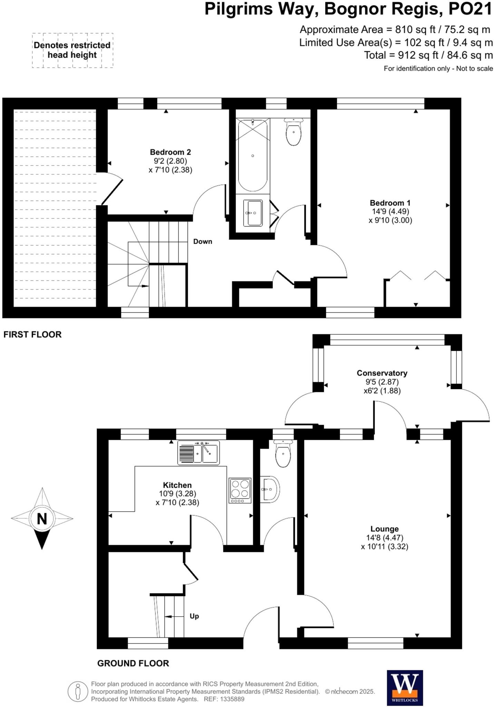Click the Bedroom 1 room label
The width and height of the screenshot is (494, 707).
pos(390,203)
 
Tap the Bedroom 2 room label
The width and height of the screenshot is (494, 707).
pos(170,152)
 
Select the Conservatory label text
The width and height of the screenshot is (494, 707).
pos(382,373)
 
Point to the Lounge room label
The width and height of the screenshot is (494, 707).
pos(385,529)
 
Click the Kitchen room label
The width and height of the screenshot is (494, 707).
pos(177,485)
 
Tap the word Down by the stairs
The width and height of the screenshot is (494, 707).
pos(203,242)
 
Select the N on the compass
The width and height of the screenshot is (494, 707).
pos(42,519)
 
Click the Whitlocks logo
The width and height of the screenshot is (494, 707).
pos(405,688)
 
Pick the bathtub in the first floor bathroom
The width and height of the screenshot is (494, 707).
pos(253,155)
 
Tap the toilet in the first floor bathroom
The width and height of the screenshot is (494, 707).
pos(293,133)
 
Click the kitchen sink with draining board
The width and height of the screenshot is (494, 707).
pos(198,453)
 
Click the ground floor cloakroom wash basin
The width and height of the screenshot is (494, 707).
pos(270,489)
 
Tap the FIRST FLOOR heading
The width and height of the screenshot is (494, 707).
pos(32,335)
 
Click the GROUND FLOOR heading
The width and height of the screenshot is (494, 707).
pos(133,663)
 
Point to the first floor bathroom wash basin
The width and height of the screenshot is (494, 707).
pos(253,213)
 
